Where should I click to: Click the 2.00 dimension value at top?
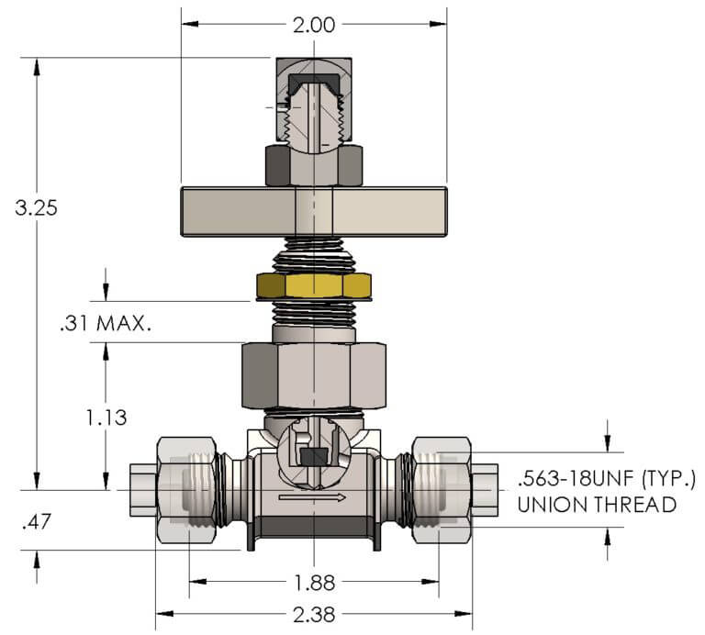[314, 25]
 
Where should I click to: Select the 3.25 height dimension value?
[37, 208]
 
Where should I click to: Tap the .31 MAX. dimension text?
[106, 323]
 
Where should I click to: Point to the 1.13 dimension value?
[106, 418]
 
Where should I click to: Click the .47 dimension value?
[37, 522]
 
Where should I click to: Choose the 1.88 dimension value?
[314, 583]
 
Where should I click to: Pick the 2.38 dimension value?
[314, 614]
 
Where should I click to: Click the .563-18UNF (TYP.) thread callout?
[607, 479]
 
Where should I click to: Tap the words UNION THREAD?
[597, 505]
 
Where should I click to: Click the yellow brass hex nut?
[314, 285]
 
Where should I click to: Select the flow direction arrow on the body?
[312, 497]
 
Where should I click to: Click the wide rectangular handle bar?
[314, 212]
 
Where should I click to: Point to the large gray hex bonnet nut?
[314, 375]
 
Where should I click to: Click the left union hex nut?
[186, 490]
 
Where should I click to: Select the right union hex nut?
[442, 490]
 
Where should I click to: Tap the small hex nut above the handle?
[314, 165]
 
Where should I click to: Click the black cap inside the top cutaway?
[314, 84]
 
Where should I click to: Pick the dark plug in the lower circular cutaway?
[314, 457]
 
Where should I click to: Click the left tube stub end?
[143, 490]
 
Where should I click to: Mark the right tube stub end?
[485, 490]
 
